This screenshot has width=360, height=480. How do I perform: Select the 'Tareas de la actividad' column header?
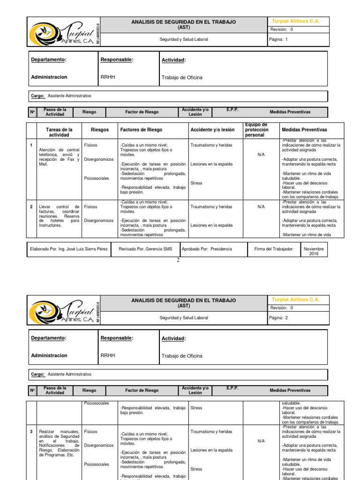[59, 132]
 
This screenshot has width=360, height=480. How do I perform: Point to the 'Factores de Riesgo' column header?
[141, 130]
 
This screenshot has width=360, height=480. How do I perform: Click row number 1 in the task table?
[31, 145]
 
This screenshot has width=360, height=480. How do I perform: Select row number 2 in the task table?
[31, 207]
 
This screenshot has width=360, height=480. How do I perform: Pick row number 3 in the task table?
[31, 431]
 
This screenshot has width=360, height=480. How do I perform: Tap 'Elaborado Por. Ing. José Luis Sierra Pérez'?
[68, 249]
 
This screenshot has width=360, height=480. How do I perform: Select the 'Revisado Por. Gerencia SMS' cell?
[145, 249]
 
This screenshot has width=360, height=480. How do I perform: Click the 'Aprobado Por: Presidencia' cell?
[207, 249]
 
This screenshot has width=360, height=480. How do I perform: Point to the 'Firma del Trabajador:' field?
[274, 249]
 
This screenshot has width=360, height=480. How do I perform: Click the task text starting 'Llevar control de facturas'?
[59, 216]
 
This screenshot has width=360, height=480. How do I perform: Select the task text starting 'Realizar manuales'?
[59, 443]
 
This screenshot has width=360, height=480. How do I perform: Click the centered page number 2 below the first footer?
[178, 261]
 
